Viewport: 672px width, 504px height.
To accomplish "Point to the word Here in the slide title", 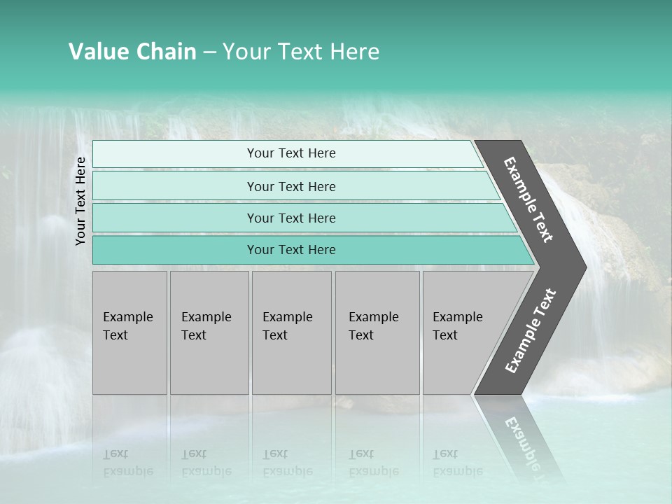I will click(354, 52).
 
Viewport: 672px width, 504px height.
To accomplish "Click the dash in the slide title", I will click(209, 52).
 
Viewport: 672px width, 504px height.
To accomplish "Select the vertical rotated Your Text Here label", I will click(80, 201).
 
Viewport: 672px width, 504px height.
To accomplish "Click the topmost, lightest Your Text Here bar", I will click(291, 153).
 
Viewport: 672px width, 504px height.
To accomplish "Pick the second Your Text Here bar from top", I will click(291, 186).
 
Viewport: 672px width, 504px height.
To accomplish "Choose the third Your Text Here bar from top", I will click(291, 218).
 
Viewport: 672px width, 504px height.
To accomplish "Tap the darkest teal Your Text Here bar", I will click(291, 250).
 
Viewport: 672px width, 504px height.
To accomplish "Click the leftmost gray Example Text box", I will click(129, 332).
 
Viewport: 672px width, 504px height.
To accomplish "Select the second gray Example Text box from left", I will click(209, 332).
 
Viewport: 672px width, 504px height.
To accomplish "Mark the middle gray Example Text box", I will click(291, 332).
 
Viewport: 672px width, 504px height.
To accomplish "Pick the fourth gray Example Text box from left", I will click(377, 332).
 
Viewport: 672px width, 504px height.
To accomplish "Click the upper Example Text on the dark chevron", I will click(528, 199).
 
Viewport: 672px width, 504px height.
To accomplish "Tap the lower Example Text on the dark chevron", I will click(530, 331).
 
